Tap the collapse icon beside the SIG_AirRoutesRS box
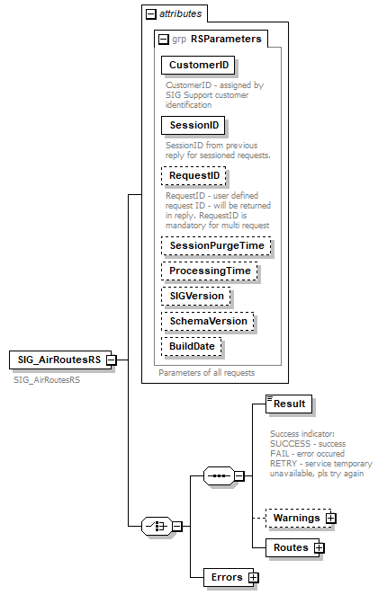click(x=111, y=360)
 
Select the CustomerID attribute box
click(x=198, y=65)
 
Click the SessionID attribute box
click(x=193, y=124)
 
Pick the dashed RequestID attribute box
click(x=193, y=175)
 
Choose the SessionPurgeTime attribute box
click(x=216, y=244)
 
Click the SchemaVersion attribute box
click(x=208, y=320)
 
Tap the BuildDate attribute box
click(x=192, y=345)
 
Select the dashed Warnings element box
click(x=295, y=518)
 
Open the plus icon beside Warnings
click(x=331, y=518)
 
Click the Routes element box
click(x=290, y=547)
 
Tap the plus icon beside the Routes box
click(x=319, y=547)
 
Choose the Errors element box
click(x=224, y=577)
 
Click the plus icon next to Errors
click(x=254, y=577)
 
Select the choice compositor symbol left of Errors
click(x=157, y=526)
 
